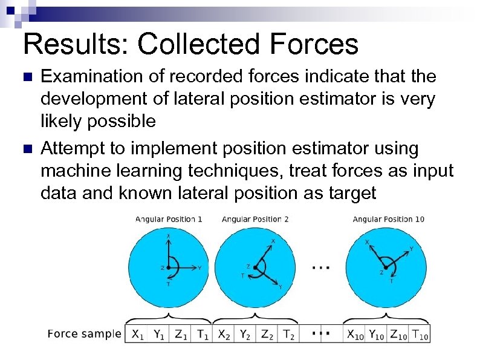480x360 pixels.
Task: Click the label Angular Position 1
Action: click(168, 219)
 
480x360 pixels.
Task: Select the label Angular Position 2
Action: click(255, 219)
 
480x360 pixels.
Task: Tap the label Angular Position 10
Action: click(388, 219)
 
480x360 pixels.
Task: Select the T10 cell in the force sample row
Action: click(420, 333)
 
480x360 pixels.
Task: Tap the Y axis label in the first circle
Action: click(200, 267)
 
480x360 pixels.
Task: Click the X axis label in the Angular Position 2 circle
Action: click(273, 241)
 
